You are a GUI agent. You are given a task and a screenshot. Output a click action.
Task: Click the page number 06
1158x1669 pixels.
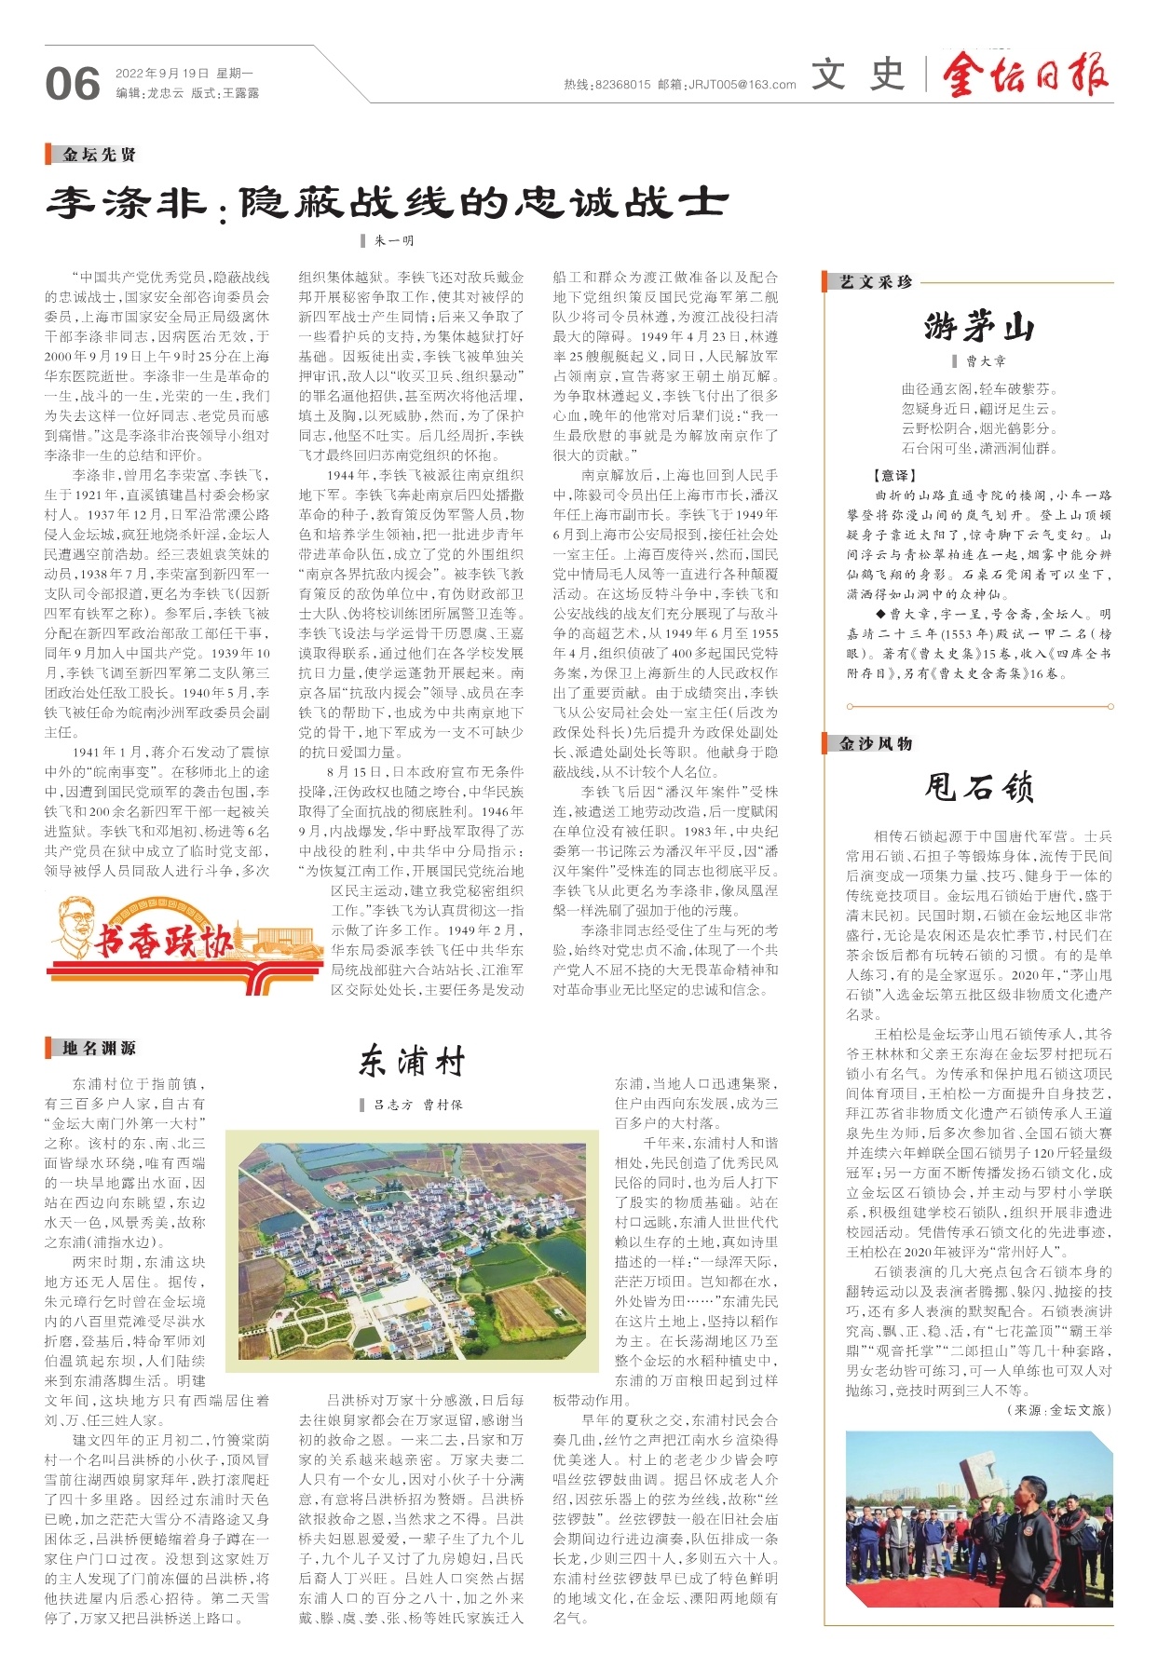click(72, 84)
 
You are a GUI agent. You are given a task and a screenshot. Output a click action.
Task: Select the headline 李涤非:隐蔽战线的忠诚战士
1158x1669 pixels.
click(387, 201)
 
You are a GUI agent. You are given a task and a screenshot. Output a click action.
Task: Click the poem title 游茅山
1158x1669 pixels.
click(978, 327)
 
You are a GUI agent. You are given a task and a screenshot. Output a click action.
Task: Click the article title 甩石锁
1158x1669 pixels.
click(978, 787)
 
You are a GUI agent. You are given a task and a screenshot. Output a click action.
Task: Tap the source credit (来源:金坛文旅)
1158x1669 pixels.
click(1058, 1409)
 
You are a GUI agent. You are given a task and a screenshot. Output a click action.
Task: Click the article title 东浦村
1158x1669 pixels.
click(411, 1061)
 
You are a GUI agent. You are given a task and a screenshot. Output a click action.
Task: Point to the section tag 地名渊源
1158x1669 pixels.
click(99, 1049)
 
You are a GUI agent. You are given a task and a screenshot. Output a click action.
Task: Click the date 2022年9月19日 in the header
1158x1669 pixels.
click(161, 73)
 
